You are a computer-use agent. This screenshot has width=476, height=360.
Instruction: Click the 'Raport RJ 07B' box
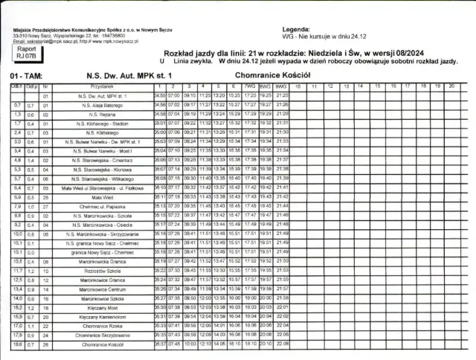pos(25,51)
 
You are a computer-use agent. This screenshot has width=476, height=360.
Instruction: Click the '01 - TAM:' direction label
pos(26,76)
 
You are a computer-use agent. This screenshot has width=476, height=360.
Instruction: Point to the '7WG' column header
pos(250,87)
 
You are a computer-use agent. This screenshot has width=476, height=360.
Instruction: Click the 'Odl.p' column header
pos(32,87)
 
